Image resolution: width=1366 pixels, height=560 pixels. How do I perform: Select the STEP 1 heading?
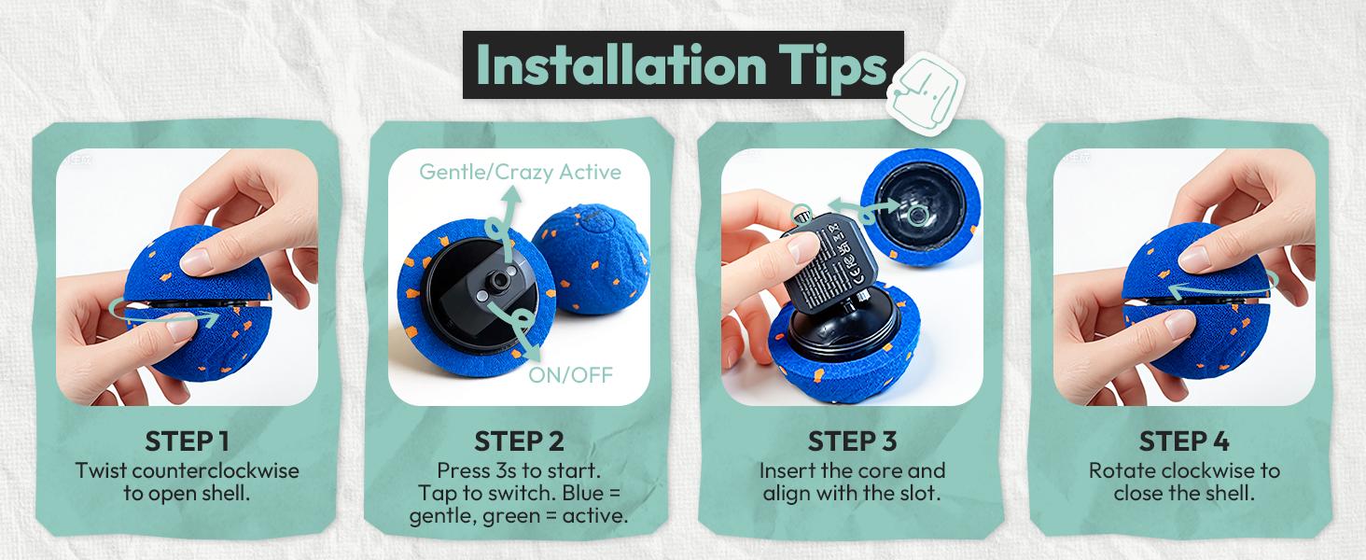(x=187, y=441)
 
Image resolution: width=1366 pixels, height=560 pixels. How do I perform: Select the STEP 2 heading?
(x=519, y=441)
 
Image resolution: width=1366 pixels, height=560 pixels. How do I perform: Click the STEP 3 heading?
(x=852, y=441)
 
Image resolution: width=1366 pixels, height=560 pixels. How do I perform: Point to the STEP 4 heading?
(x=1183, y=441)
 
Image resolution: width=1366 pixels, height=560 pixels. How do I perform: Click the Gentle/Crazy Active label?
(x=520, y=172)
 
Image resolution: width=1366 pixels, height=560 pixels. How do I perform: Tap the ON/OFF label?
(x=570, y=375)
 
